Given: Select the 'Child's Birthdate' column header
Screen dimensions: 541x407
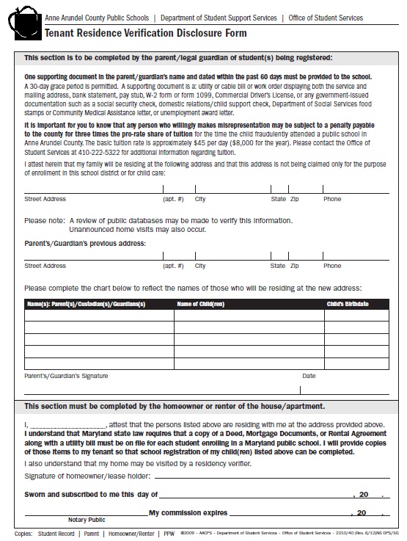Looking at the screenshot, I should (347, 304).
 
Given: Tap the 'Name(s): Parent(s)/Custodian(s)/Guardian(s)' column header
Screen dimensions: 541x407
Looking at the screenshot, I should (87, 304).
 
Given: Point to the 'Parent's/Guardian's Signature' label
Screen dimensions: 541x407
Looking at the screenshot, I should (66, 376).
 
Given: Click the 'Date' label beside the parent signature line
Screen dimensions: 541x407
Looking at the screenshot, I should (309, 376).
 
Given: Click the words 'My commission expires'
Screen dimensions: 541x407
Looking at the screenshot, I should (188, 512).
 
